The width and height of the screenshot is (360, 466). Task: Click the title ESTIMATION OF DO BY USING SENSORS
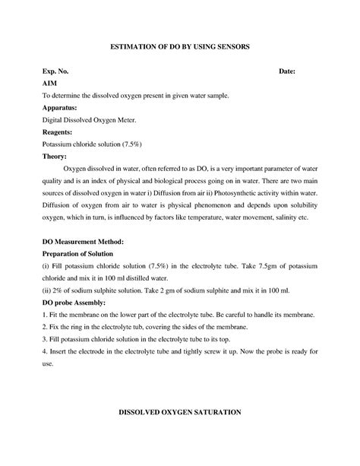pyautogui.click(x=180, y=47)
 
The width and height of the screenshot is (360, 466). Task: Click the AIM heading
pyautogui.click(x=50, y=83)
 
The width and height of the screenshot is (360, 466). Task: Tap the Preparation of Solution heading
pyautogui.click(x=81, y=253)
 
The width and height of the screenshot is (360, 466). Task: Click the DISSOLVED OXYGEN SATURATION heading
pyautogui.click(x=180, y=411)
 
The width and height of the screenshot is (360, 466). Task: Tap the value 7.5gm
pyautogui.click(x=250, y=266)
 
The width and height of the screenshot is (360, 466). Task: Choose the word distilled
pyautogui.click(x=148, y=278)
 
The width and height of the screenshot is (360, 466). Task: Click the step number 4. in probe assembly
pyautogui.click(x=45, y=352)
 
